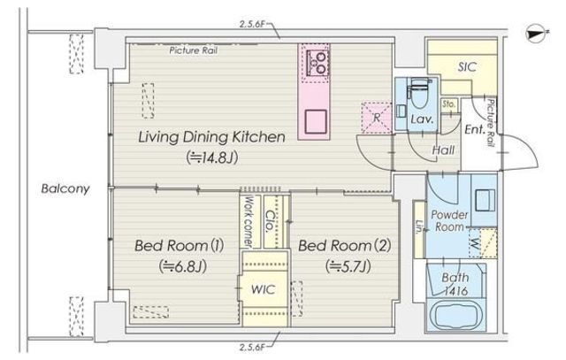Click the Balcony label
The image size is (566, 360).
(65, 189)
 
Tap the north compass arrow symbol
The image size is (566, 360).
(537, 34)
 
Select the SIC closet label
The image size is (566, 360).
(467, 67)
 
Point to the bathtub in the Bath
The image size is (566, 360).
(456, 315)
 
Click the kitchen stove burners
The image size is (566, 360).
(317, 62)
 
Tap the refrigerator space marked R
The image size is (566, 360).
(377, 118)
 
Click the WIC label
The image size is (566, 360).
(264, 289)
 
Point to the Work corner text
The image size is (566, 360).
(249, 221)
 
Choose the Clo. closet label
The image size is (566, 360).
(271, 221)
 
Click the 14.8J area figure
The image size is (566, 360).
(212, 157)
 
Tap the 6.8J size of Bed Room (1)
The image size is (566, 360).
(183, 267)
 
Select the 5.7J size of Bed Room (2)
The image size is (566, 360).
(348, 267)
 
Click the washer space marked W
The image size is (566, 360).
(475, 244)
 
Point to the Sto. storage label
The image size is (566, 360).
(448, 104)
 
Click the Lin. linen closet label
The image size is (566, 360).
(419, 226)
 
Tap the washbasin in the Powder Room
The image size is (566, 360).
(485, 201)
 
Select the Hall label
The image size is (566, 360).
(443, 149)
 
